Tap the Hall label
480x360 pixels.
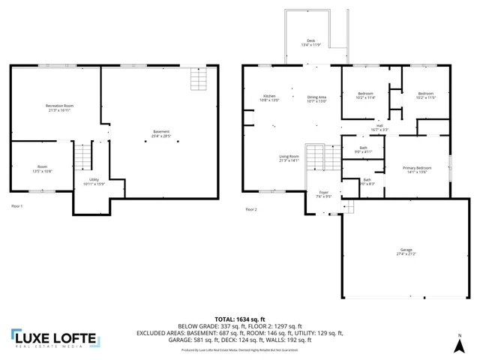click(379, 127)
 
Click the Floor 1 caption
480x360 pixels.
click(17, 205)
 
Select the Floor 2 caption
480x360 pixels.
click(251, 209)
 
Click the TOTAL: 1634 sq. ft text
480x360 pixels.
click(239, 319)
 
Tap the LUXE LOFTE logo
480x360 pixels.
click(54, 339)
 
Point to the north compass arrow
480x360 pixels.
click(459, 344)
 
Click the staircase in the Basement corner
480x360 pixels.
click(198, 78)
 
